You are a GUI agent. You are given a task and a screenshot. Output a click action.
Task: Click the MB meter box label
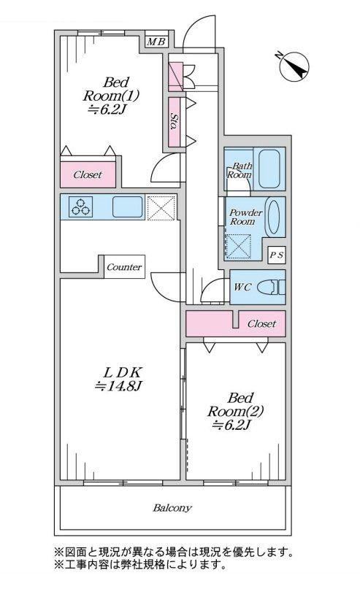point(156,42)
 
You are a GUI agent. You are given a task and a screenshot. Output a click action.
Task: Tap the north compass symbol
point(294,67)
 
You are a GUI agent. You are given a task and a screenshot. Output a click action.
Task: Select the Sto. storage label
point(174,121)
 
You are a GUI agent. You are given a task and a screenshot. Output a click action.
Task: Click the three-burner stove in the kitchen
point(81,207)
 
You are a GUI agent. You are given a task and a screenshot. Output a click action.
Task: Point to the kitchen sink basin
point(128,207)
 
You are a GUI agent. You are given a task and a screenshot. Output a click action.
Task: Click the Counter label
point(124,267)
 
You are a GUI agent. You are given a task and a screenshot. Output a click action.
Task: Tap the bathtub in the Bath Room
point(269,169)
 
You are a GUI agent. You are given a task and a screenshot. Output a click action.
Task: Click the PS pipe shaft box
point(277,255)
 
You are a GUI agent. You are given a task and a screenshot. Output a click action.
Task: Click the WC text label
point(242,288)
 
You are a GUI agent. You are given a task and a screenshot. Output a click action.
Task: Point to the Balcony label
point(172,508)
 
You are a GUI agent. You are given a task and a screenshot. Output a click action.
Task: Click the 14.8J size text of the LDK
point(118,385)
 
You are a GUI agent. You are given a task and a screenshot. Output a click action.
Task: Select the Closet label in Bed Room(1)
point(88,174)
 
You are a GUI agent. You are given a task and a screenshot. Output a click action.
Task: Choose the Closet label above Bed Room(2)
point(261,323)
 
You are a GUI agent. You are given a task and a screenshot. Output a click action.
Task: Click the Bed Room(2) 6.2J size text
point(232,426)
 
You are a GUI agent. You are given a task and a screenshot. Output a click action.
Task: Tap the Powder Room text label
point(245,217)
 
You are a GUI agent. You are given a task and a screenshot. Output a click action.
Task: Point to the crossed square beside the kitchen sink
point(161,207)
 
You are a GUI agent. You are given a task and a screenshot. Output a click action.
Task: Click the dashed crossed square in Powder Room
point(238,247)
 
